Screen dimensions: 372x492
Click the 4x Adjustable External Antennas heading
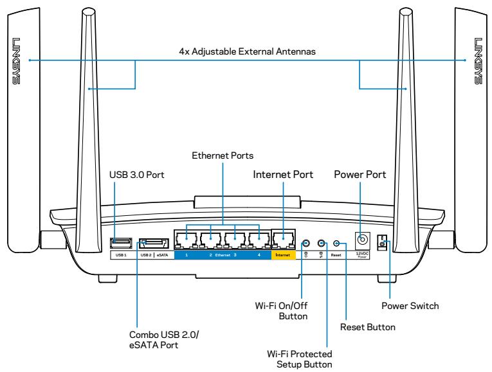click(246, 52)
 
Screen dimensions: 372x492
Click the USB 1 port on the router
click(120, 242)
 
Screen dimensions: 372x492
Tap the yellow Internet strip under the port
click(283, 255)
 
